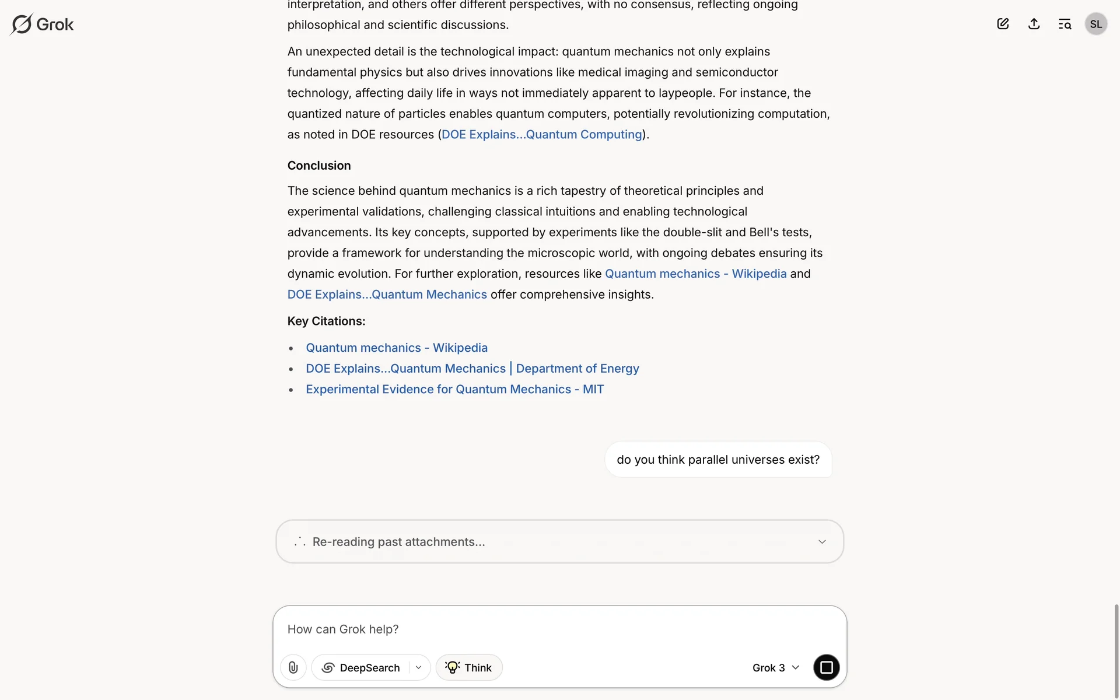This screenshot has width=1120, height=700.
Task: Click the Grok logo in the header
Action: point(42,24)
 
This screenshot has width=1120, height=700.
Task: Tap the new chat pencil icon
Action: point(1003,24)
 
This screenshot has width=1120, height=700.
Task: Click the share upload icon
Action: point(1034,24)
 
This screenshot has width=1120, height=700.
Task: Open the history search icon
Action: point(1065,24)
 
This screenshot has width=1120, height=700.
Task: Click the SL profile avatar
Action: point(1095,24)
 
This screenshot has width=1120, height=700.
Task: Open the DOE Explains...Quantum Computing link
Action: point(541,135)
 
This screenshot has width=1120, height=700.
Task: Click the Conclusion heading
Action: point(319,166)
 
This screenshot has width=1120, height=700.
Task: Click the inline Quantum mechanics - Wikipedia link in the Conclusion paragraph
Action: point(695,274)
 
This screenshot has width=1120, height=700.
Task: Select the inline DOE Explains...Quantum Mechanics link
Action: point(387,295)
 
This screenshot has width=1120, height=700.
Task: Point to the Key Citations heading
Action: point(326,321)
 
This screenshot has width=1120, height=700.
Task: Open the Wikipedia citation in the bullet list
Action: point(397,348)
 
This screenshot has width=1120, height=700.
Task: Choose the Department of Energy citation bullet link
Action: point(473,369)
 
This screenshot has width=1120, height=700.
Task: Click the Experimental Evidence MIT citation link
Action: point(454,390)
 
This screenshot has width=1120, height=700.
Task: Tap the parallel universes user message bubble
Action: point(718,460)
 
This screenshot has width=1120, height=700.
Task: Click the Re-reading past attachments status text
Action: point(398,542)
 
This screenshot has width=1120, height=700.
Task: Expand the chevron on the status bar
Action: point(822,542)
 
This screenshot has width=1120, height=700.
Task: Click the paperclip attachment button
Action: point(293,667)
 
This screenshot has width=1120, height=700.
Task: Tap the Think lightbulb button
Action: point(469,667)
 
